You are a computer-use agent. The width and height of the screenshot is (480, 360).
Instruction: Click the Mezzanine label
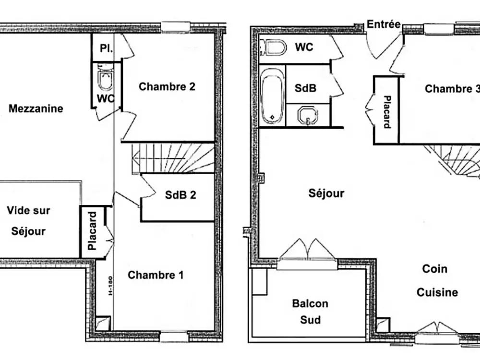point(36,108)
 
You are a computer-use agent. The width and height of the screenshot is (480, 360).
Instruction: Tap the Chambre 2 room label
point(167,87)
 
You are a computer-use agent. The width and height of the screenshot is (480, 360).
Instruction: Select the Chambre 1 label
point(156,275)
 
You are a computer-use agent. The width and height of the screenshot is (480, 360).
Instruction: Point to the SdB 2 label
point(180,195)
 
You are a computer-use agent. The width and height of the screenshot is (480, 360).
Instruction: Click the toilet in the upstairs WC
point(105,80)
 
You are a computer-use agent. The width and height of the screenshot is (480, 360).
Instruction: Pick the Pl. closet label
point(106,48)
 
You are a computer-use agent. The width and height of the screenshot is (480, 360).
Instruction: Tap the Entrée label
point(384,24)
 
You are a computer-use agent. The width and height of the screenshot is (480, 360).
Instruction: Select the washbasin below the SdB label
point(307,115)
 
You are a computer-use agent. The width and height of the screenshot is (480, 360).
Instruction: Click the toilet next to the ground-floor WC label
point(273,48)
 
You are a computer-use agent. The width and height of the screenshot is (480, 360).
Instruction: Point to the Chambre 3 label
point(451,89)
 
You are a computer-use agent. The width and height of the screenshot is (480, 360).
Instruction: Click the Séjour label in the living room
point(326,193)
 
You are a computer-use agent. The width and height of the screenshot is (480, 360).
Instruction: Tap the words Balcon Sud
point(310,311)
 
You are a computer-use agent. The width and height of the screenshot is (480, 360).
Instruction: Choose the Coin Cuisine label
point(437,281)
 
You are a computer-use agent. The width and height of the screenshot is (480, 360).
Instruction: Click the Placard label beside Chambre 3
point(387,112)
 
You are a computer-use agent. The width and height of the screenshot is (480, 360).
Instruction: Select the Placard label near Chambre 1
point(93,231)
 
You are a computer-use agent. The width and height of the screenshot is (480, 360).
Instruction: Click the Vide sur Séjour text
point(29,221)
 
